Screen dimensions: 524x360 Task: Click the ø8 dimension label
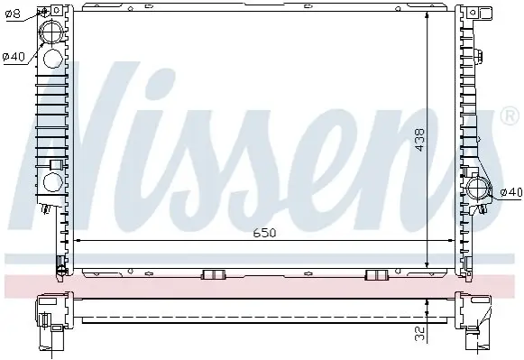[x=14, y=14]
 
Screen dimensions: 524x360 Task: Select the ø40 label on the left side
[x=14, y=57]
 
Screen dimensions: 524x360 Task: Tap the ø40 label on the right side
[x=511, y=192]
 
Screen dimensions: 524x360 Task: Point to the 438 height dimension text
[x=419, y=140]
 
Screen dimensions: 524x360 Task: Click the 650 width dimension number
[x=264, y=233]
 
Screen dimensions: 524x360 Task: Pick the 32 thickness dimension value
[x=420, y=334]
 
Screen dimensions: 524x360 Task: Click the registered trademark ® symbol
[x=510, y=115]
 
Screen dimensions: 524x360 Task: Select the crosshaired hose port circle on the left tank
[x=51, y=32]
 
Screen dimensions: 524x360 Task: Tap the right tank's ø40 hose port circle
[x=477, y=189]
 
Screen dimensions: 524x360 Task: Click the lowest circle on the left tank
[x=53, y=182]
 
